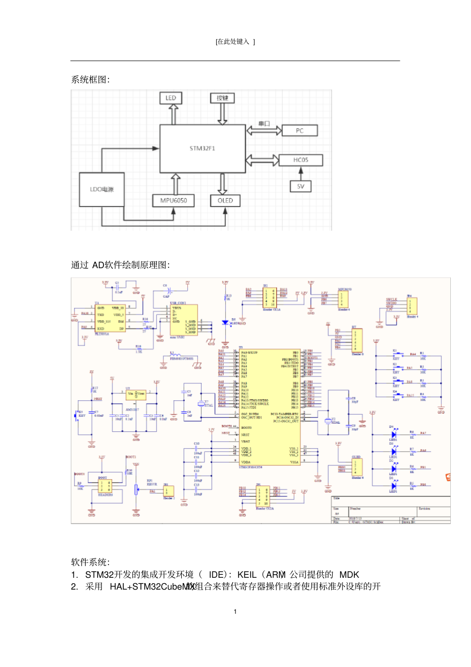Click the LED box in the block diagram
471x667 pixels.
pyautogui.click(x=171, y=98)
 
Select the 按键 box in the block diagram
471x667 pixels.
pyautogui.click(x=222, y=98)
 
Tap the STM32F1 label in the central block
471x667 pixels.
pyautogui.click(x=202, y=148)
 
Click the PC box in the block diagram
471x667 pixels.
pyautogui.click(x=300, y=131)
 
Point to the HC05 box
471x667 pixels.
pyautogui.click(x=301, y=160)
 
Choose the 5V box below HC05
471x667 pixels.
pyautogui.click(x=301, y=186)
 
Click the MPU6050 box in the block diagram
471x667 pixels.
pyautogui.click(x=173, y=201)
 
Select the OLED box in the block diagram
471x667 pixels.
pyautogui.click(x=225, y=201)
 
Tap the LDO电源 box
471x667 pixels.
pyautogui.click(x=102, y=189)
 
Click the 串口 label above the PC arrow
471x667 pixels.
pyautogui.click(x=264, y=124)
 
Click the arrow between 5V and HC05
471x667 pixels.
pyautogui.click(x=301, y=173)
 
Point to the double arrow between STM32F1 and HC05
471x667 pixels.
pyautogui.click(x=262, y=160)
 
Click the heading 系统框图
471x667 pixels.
pyautogui.click(x=90, y=80)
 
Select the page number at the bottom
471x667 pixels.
pyautogui.click(x=235, y=612)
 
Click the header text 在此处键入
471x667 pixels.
pyautogui.click(x=235, y=42)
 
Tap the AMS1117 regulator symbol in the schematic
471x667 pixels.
pyautogui.click(x=135, y=394)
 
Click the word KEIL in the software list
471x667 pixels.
pyautogui.click(x=247, y=575)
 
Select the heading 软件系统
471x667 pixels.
pyautogui.click(x=90, y=562)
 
